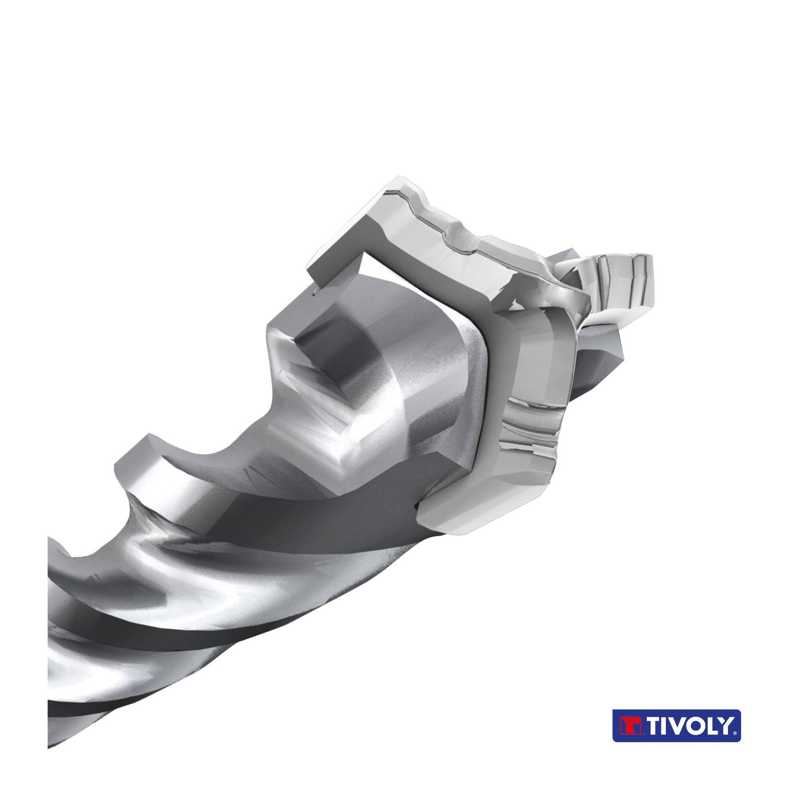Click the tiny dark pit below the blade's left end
pyautogui.click(x=314, y=294)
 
